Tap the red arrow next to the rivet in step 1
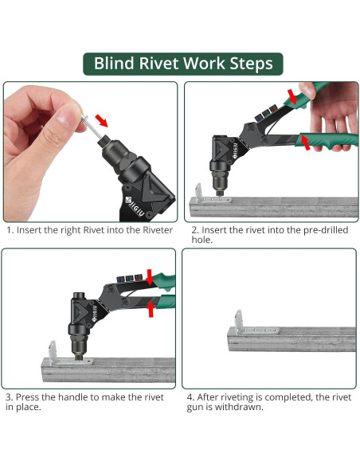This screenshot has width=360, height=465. [x=101, y=120]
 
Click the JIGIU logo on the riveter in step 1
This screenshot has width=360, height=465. [x=135, y=205]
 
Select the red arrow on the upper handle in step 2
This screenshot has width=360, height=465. [x=292, y=96]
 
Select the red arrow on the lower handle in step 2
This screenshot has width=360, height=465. [x=304, y=142]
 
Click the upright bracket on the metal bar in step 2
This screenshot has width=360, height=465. [x=198, y=193]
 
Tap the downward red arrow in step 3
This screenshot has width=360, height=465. [x=150, y=277]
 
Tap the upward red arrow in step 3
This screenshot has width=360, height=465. [x=151, y=309]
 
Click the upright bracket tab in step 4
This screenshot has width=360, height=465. [x=238, y=322]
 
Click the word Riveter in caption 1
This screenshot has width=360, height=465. [x=158, y=230]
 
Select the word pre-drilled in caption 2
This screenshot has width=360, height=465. [x=326, y=230]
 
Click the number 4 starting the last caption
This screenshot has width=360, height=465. [x=190, y=397]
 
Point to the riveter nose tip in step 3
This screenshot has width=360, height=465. [x=79, y=357]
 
